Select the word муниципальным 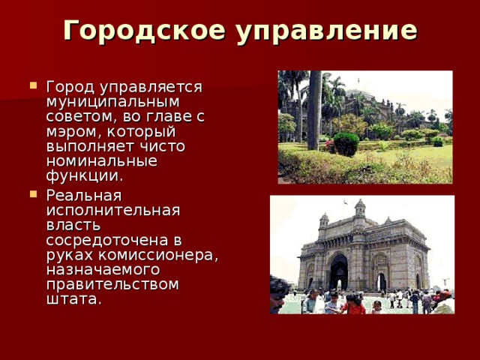tap(112, 101)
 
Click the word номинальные tap(101, 161)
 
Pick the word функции tap(84, 176)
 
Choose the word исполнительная tap(112, 209)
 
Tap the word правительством tap(112, 284)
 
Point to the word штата tap(73, 299)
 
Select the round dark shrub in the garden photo tap(346, 143)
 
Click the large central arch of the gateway tap(339, 272)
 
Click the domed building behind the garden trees tap(390, 105)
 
